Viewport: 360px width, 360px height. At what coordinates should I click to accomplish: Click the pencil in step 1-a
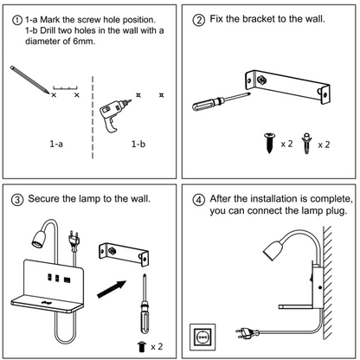pos(29,80)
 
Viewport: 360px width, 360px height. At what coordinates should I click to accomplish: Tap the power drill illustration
pos(114,115)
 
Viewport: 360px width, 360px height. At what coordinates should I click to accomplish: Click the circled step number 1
pos(17,20)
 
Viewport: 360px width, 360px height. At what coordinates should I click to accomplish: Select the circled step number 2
pos(199,20)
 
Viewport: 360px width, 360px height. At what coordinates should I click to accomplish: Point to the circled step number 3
pos(17,200)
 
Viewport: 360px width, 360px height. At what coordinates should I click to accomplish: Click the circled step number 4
pos(199,200)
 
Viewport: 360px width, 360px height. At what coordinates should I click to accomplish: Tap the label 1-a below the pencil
pos(56,144)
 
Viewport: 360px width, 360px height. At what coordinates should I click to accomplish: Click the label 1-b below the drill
pos(138,144)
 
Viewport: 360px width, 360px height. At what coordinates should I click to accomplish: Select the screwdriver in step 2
pos(221,101)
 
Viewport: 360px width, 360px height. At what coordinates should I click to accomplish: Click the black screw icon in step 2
pos(270,143)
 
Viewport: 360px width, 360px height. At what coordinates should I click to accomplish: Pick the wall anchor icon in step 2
pos(306,143)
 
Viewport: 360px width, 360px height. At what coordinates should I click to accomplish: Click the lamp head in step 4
pos(273,250)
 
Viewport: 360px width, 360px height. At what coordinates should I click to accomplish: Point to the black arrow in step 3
pos(112,289)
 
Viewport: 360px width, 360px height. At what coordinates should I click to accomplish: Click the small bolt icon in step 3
pos(142,346)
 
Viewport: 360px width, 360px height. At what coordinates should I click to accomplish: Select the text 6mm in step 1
pos(84,42)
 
